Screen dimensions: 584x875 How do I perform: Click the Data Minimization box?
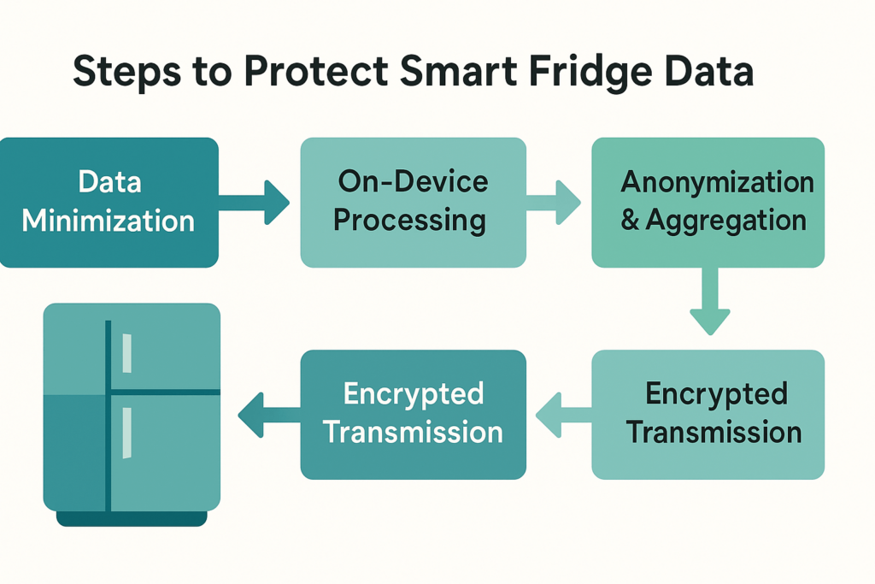[109, 202]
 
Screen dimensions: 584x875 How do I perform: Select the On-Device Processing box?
[413, 202]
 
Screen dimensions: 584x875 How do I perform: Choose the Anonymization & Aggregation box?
[708, 202]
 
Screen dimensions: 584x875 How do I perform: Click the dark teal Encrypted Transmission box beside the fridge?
[413, 413]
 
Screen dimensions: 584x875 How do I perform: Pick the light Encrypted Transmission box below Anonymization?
[708, 413]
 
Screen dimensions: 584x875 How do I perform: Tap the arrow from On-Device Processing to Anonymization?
[555, 203]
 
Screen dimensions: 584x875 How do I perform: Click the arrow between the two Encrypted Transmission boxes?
[560, 414]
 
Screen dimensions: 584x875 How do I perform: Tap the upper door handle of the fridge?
[126, 352]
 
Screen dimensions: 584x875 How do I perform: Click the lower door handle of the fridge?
[126, 433]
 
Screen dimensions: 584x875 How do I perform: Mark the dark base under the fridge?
[132, 518]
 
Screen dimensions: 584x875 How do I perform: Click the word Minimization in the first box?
[109, 221]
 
